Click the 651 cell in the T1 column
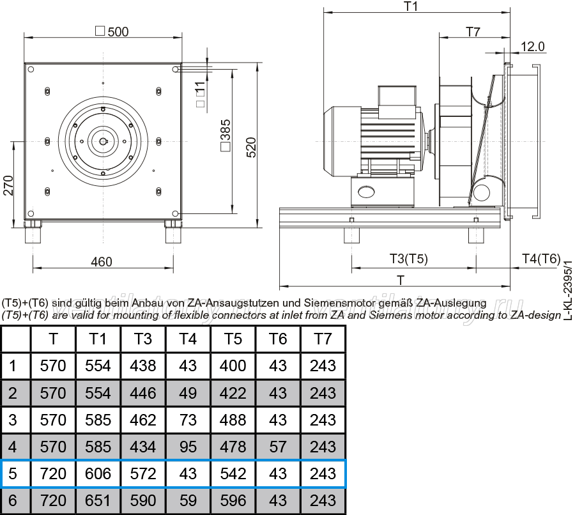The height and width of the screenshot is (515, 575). (98, 501)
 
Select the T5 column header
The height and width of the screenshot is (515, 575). (233, 339)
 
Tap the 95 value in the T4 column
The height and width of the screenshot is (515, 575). (188, 447)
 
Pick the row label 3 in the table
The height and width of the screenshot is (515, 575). (13, 420)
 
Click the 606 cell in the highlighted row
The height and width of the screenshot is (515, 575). (98, 473)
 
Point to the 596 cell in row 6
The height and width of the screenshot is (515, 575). (233, 501)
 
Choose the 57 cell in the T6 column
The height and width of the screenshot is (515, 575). (278, 447)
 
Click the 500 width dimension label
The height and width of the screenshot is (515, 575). (112, 31)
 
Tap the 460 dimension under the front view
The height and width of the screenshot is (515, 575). (101, 262)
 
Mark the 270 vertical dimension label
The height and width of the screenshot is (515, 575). (8, 185)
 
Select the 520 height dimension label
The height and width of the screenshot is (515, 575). (251, 148)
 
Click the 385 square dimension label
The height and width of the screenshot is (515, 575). (226, 135)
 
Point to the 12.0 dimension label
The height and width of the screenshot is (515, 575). (532, 47)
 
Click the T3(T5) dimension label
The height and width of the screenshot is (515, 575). (408, 259)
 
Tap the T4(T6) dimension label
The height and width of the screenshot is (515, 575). (541, 259)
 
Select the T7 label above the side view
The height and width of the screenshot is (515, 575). (473, 32)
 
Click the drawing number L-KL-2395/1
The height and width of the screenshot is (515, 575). (568, 290)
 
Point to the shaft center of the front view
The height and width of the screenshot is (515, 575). (103, 142)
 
